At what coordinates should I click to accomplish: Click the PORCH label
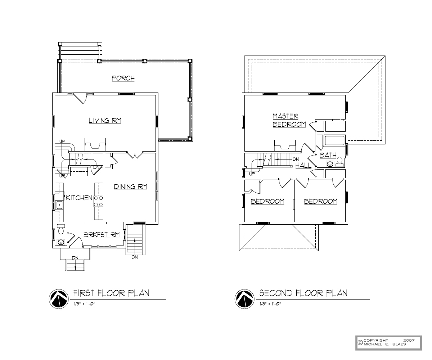(123, 78)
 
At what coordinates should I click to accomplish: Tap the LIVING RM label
(105, 120)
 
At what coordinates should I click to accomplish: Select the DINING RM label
(131, 186)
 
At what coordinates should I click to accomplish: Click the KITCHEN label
(79, 198)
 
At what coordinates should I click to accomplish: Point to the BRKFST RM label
(102, 235)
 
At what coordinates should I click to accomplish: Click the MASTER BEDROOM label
(289, 120)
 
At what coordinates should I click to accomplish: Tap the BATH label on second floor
(328, 155)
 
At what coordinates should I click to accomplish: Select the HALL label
(303, 165)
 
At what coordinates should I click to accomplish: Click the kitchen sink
(59, 205)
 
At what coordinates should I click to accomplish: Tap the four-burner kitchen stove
(99, 201)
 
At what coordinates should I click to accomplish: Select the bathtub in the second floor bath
(334, 140)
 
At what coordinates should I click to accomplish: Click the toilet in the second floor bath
(339, 162)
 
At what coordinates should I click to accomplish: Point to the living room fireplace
(95, 144)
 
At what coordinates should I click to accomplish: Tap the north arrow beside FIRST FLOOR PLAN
(59, 299)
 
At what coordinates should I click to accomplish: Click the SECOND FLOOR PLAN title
(303, 293)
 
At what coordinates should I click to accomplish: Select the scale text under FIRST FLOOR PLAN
(84, 304)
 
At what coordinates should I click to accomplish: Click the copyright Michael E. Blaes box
(388, 343)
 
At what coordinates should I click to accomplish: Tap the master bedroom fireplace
(285, 145)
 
